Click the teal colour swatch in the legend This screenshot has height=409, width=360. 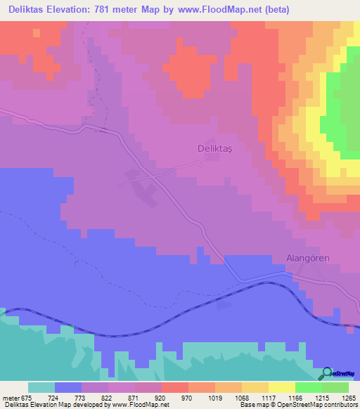(x=41, y=387)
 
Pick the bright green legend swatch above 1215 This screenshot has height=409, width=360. (x=309, y=387)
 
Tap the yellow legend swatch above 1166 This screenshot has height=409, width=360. (x=282, y=387)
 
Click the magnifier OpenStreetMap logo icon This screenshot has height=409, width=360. (x=328, y=373)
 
